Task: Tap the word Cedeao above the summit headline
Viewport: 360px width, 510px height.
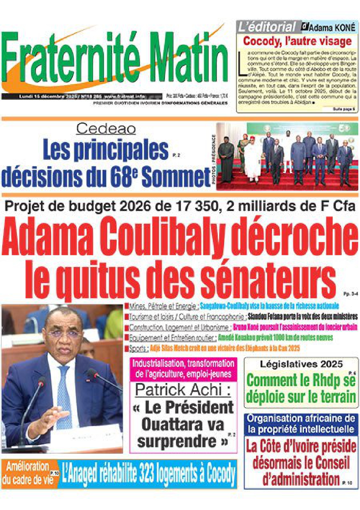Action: click(106, 129)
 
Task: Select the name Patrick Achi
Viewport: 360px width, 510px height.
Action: click(183, 389)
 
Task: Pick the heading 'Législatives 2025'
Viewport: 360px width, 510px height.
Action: click(301, 364)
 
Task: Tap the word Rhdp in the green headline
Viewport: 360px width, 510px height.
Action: click(322, 380)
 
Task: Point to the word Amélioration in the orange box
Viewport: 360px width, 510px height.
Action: click(28, 467)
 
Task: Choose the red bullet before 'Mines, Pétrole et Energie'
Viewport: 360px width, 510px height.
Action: click(126, 306)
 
